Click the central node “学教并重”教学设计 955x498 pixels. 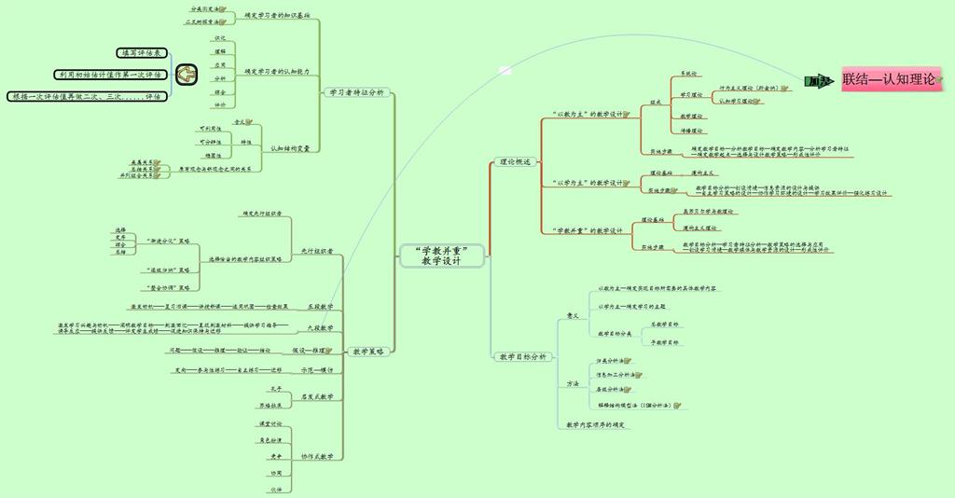(x=441, y=256)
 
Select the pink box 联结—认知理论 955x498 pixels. (x=888, y=80)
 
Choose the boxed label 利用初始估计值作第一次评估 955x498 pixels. (x=109, y=75)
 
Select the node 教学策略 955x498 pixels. (x=368, y=352)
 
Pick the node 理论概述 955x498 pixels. (x=514, y=162)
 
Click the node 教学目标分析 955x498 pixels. (x=523, y=356)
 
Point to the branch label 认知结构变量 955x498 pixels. (x=290, y=147)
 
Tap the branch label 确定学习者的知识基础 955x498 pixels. (x=277, y=16)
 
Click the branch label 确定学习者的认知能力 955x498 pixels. (x=277, y=71)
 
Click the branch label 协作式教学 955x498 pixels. (x=317, y=456)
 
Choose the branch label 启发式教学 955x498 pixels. (x=317, y=396)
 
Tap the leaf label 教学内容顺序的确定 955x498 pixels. (x=597, y=425)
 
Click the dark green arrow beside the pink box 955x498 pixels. (x=821, y=82)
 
